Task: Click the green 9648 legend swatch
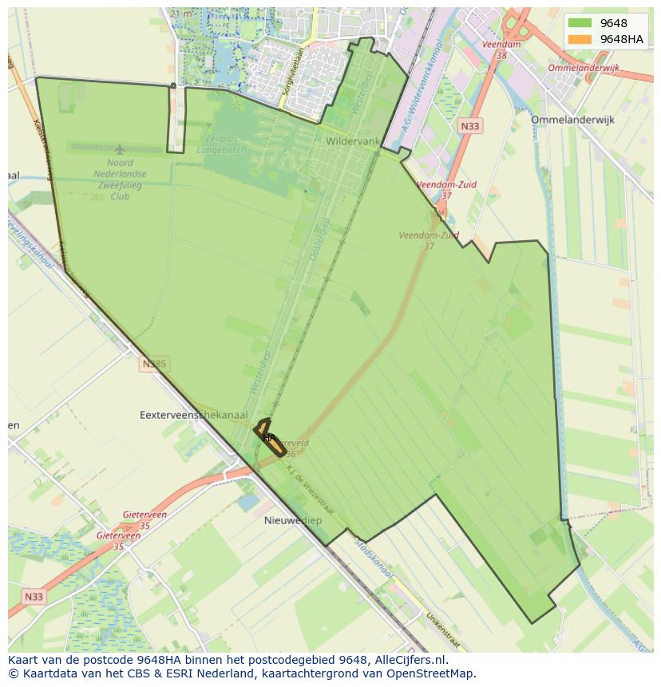tap(580, 23)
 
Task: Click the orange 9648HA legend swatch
tap(580, 39)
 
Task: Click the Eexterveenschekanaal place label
tap(193, 415)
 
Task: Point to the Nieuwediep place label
tap(293, 520)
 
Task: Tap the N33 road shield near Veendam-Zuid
tap(470, 126)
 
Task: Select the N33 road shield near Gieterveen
tap(34, 596)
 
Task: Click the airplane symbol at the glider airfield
tap(120, 149)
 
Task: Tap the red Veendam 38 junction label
tap(501, 50)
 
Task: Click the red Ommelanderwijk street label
tap(583, 69)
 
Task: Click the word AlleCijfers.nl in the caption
tap(412, 660)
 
